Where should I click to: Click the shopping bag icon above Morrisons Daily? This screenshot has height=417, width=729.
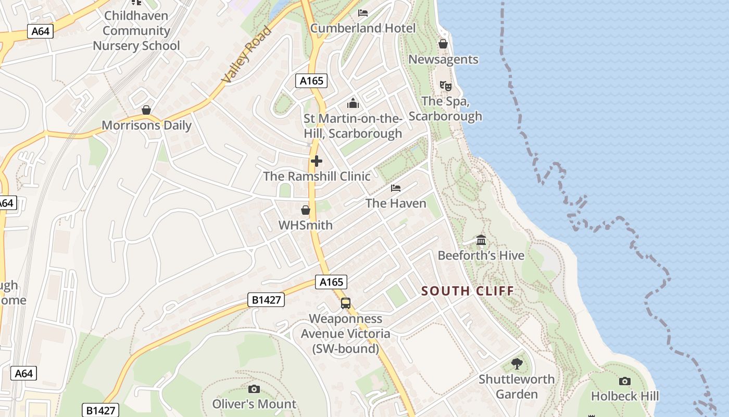(146, 110)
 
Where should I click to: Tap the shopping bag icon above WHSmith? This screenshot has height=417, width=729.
(306, 210)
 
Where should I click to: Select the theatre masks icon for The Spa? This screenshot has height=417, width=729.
(445, 85)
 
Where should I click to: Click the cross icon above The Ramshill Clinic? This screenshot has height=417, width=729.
(316, 161)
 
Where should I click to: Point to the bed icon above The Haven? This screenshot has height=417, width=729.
(396, 188)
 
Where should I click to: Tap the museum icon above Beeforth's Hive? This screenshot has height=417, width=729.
(481, 240)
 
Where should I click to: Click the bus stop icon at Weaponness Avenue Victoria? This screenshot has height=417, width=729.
(346, 303)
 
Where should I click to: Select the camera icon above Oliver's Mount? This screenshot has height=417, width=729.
(254, 389)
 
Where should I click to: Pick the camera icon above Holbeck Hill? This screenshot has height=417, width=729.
(625, 381)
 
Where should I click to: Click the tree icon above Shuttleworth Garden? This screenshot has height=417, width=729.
(517, 363)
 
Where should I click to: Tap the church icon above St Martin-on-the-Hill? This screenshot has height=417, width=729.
(353, 103)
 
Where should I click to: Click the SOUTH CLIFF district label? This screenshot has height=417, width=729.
(467, 291)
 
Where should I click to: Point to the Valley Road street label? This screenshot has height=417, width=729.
(247, 55)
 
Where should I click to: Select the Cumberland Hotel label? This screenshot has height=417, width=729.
(363, 28)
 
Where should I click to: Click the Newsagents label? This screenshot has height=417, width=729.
(443, 59)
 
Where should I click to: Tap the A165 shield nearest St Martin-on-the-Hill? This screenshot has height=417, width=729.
(311, 81)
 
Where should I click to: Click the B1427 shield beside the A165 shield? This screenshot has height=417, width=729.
(266, 300)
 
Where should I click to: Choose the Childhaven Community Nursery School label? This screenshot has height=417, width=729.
(136, 31)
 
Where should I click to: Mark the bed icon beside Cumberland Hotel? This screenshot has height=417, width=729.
(363, 13)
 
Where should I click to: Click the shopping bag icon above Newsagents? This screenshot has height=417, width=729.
(443, 44)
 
